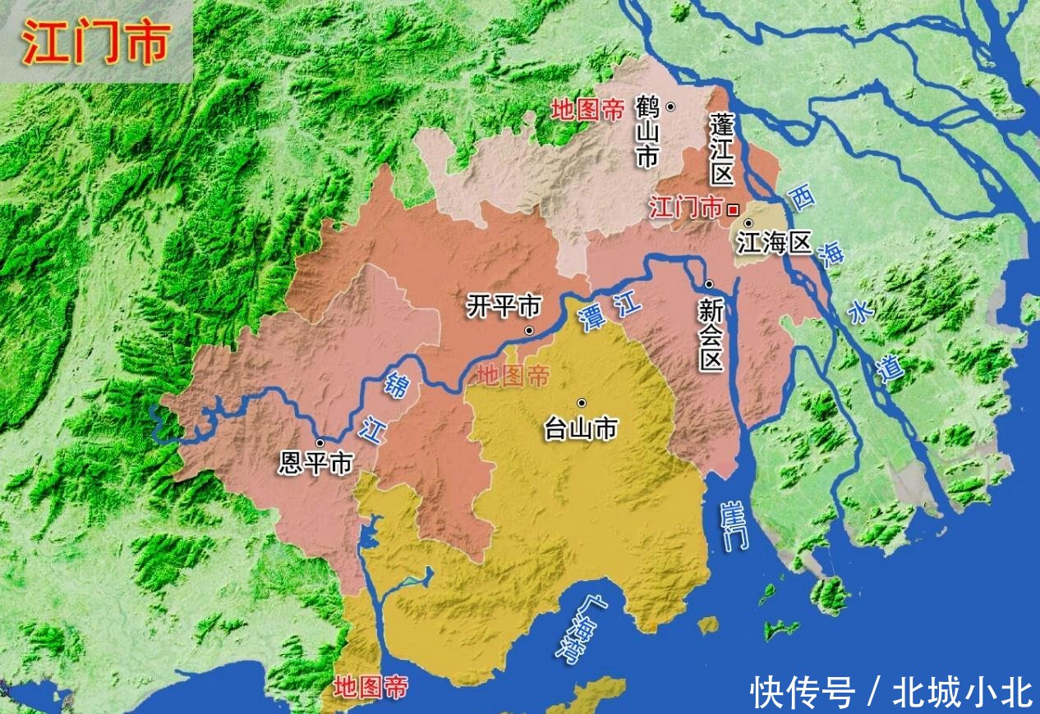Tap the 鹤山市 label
coord(647,131)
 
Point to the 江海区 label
coord(773,243)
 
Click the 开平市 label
coord(504,307)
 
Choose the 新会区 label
coord(711,334)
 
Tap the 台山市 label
coord(581,428)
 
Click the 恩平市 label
coord(315,463)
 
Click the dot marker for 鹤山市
coord(671,106)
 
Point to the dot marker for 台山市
coord(581,403)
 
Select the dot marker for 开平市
coord(529,331)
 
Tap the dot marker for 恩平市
coord(319,443)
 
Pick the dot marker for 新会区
coord(708,284)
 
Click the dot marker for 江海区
coord(748,222)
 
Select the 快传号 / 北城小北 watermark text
coord(891,692)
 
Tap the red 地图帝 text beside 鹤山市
coord(587,111)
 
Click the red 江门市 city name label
coord(686,207)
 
